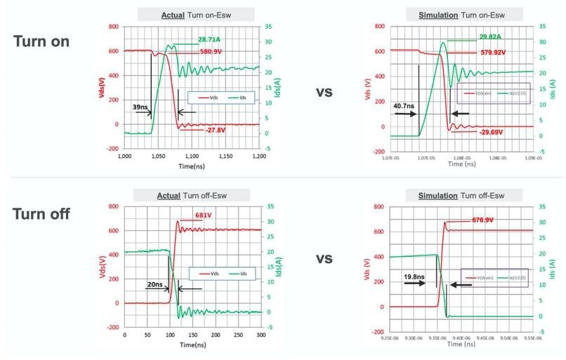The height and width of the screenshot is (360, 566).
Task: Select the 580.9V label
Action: (x=211, y=51)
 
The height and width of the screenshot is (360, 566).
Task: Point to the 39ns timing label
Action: (x=140, y=106)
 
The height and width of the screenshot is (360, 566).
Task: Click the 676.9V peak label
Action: (x=480, y=220)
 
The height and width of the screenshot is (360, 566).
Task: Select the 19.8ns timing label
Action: (x=414, y=277)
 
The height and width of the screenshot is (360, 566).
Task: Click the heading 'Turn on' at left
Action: (x=41, y=41)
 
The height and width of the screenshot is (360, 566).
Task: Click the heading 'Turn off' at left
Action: (x=41, y=214)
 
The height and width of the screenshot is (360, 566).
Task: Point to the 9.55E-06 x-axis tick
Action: (x=533, y=336)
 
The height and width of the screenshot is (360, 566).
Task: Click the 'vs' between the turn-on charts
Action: (x=324, y=91)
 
